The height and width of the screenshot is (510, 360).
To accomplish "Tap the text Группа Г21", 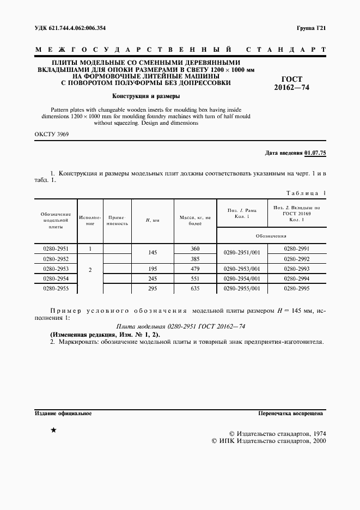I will [x=311, y=28].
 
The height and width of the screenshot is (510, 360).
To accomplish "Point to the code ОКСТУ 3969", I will [x=52, y=133].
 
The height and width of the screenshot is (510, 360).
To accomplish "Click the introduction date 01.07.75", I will [x=314, y=153].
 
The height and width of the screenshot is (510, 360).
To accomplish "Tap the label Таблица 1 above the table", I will [x=305, y=193].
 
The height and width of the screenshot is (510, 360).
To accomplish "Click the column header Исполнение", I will [x=90, y=220].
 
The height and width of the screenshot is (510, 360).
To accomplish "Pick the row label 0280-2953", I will [x=56, y=269].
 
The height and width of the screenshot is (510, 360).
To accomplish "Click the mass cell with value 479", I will [x=195, y=269].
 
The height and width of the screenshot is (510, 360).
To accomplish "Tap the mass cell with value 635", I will [x=195, y=288].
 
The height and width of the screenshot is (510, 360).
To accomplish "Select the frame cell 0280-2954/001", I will [x=242, y=278].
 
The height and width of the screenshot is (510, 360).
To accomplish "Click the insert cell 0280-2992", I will [x=296, y=259].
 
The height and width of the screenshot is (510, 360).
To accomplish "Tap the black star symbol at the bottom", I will [x=53, y=430].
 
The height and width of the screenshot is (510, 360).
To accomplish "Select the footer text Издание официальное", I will [x=63, y=414].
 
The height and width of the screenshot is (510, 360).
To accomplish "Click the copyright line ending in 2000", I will [x=268, y=441].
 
